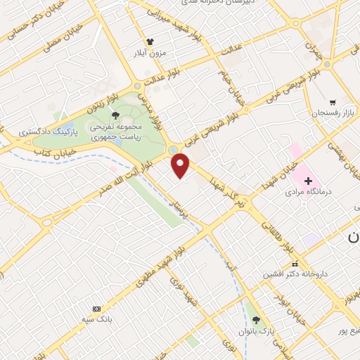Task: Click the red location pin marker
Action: point(181,165)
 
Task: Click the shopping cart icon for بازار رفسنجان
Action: point(332,102)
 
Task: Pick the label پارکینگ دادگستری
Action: point(40,131)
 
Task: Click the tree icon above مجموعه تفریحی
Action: point(117,114)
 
